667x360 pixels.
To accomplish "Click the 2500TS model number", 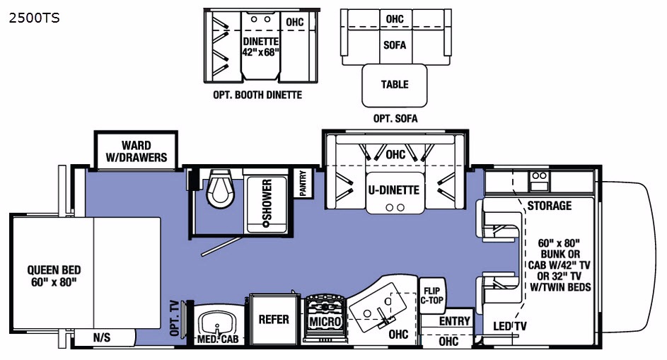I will pos(33,18).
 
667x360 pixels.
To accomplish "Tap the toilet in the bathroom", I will pos(219,188).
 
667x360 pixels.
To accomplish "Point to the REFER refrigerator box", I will pos(274,319).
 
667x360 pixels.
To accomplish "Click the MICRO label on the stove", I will pos(325,323).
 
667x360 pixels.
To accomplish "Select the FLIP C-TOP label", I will pos(431,295).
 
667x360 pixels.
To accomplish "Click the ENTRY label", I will pos(455,321).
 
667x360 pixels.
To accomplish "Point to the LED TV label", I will pos(509,326).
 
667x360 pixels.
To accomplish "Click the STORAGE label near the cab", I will pos(549,206).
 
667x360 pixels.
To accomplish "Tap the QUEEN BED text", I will pos(54,276).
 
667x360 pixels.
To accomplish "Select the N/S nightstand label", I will pos(103,338).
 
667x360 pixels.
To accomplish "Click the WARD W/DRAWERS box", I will pos(134,151).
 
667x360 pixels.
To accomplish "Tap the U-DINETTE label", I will pos(393,190).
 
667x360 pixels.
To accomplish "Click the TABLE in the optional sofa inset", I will pos(395,84).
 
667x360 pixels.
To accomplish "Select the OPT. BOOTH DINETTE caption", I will pos(257,95).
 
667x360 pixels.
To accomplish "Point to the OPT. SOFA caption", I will pos(395,118).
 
